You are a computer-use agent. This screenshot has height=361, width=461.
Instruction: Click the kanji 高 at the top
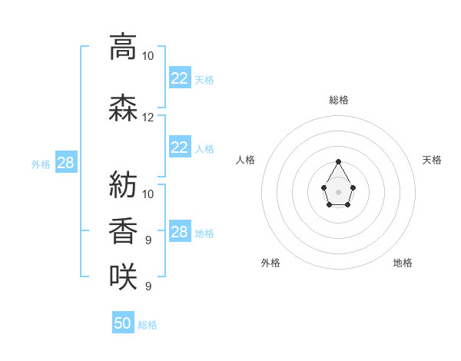123,47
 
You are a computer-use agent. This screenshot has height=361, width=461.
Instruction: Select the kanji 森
123,108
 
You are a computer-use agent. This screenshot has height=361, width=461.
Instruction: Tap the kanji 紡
123,184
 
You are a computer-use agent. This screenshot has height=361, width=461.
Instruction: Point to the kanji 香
123,230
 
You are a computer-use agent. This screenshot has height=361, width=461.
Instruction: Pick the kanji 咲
123,277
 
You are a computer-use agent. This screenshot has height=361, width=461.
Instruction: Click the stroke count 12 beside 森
148,118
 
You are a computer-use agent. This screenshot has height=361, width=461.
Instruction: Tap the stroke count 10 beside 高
148,56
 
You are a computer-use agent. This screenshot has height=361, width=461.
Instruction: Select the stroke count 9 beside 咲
148,286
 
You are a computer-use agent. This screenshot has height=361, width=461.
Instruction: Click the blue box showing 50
123,322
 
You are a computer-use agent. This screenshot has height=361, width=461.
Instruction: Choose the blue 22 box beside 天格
180,78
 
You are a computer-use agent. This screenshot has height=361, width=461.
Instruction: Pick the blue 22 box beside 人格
180,147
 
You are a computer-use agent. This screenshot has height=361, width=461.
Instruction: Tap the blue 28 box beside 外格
66,162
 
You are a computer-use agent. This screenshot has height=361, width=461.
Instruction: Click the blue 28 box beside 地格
180,230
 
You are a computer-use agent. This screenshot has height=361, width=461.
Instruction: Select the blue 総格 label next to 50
148,325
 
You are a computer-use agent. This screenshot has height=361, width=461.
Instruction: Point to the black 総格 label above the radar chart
339,100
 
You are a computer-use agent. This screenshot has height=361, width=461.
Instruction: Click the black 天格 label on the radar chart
432,160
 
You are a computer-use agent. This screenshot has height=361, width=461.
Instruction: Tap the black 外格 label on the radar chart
270,263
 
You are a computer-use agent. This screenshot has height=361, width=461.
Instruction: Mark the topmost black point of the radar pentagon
338,161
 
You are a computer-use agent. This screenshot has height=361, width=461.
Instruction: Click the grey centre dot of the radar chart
338,192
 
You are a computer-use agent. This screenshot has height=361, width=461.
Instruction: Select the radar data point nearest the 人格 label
324,187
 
